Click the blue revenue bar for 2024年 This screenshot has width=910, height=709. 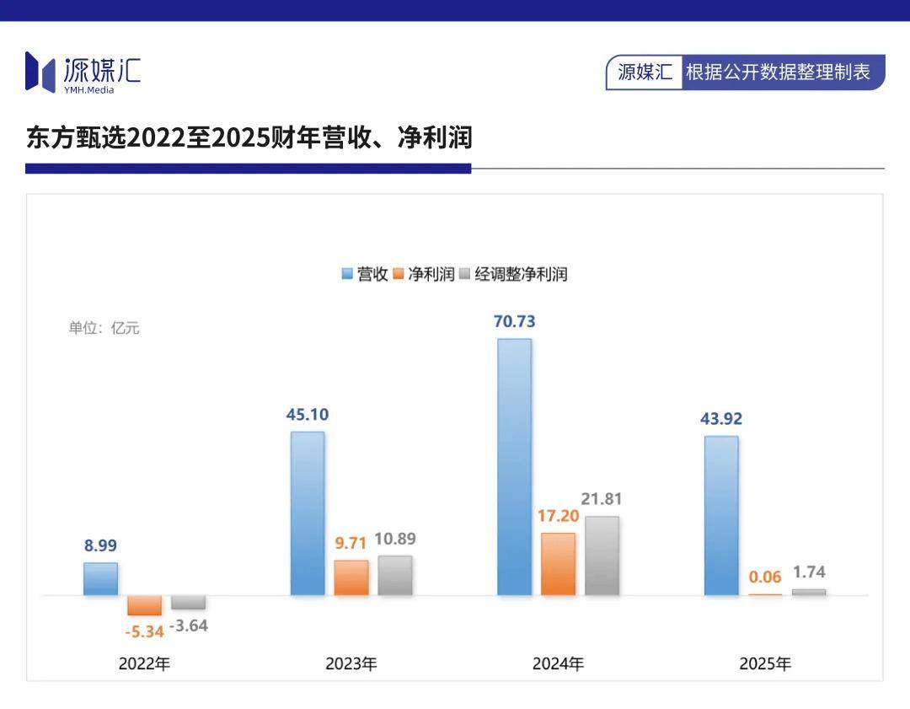click(x=514, y=467)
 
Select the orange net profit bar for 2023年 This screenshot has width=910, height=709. click(x=351, y=577)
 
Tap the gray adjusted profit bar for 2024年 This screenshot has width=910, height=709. click(x=602, y=556)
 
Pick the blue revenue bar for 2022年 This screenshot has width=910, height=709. click(x=100, y=578)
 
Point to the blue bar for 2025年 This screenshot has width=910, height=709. click(x=721, y=515)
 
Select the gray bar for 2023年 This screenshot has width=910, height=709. click(x=395, y=575)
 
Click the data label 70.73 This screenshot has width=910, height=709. click(x=514, y=321)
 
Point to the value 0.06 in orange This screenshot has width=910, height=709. click(x=765, y=577)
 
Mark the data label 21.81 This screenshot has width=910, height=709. click(x=602, y=499)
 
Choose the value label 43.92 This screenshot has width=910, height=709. click(x=720, y=419)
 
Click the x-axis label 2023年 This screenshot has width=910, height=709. click(x=351, y=663)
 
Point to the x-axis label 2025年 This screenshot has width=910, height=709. click(x=765, y=663)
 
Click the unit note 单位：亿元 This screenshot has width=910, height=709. click(x=104, y=328)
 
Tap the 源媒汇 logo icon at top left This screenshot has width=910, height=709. click(x=40, y=71)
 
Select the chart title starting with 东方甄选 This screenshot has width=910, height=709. click(x=249, y=138)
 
